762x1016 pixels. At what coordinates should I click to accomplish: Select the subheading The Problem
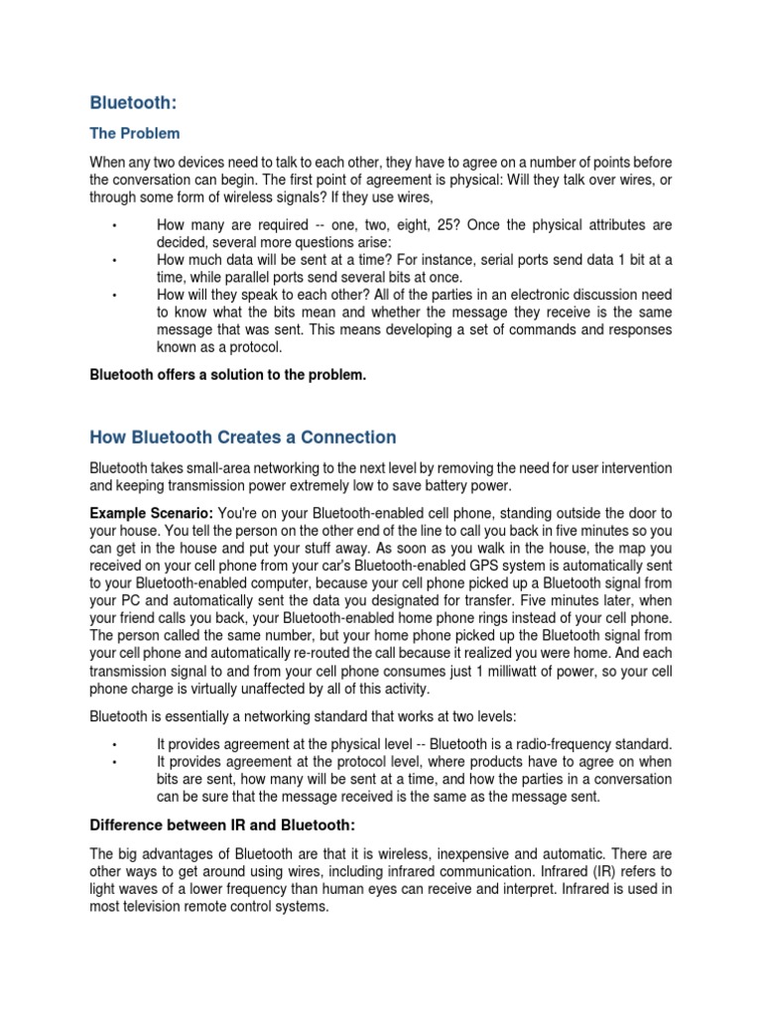tap(135, 133)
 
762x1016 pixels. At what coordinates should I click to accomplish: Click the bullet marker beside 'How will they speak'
tap(116, 296)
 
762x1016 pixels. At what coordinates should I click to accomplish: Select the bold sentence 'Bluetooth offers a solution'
tap(221, 375)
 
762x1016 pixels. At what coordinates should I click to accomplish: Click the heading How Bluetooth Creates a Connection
tap(243, 438)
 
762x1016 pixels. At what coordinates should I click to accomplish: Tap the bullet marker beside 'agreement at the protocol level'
tap(116, 762)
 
